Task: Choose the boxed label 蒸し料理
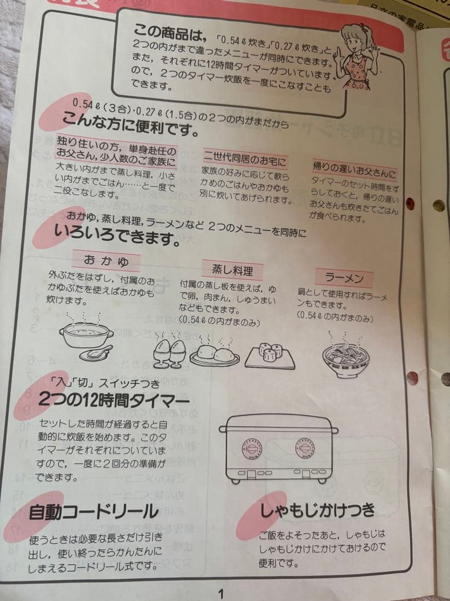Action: click(232, 270)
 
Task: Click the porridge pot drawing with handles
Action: click(86, 333)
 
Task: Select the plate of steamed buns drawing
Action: click(214, 354)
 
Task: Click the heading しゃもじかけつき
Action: click(317, 510)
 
